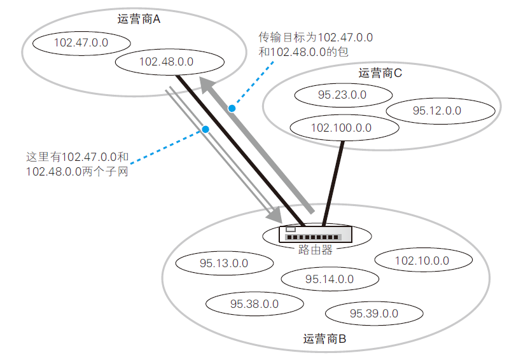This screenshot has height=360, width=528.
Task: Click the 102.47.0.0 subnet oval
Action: (81, 43)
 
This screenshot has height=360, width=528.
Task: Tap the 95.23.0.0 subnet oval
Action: (342, 95)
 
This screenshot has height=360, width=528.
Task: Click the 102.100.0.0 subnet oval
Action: (341, 127)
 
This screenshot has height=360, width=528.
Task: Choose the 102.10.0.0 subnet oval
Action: (422, 260)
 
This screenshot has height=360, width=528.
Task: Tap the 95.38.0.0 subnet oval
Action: (254, 303)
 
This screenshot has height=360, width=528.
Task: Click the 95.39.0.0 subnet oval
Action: (374, 313)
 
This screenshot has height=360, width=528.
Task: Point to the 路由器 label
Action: (315, 250)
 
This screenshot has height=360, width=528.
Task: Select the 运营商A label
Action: (139, 20)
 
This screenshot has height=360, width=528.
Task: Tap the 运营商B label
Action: (324, 339)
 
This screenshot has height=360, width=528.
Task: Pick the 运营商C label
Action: (380, 73)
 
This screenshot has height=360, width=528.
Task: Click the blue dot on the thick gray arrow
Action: (232, 109)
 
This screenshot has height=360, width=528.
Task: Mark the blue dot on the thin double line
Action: (205, 130)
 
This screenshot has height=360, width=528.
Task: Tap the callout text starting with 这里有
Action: (78, 163)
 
